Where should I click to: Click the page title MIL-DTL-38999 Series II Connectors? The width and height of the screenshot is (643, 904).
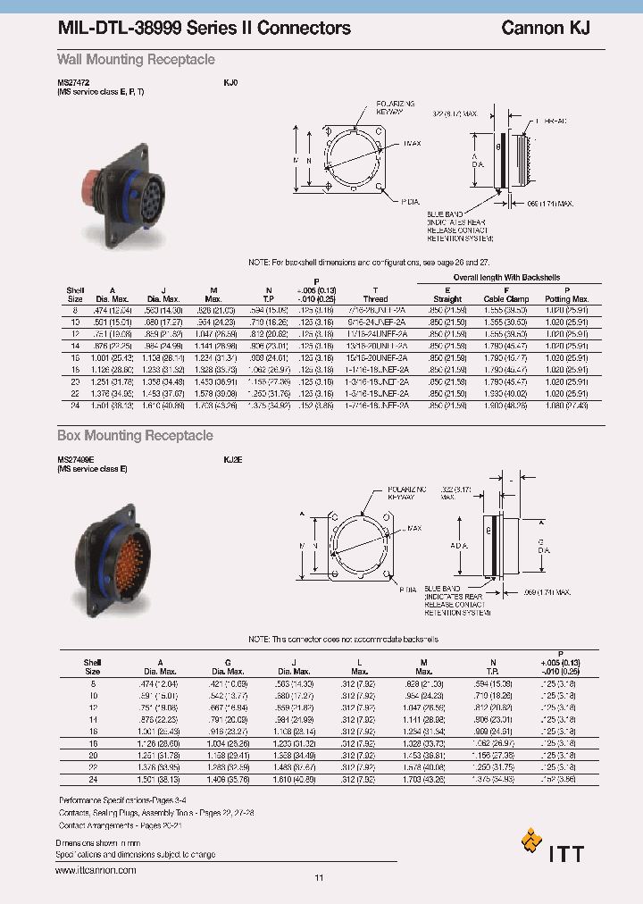pyautogui.click(x=204, y=29)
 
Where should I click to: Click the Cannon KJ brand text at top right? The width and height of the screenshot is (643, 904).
pyautogui.click(x=545, y=29)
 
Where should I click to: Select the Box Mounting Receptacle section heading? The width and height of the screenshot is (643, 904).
pyautogui.click(x=135, y=436)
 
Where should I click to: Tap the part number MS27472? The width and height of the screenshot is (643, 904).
pyautogui.click(x=75, y=82)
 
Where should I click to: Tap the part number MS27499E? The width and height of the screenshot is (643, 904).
pyautogui.click(x=77, y=459)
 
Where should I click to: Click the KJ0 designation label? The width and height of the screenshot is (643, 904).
pyautogui.click(x=230, y=82)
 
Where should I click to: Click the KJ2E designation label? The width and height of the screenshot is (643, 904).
pyautogui.click(x=232, y=459)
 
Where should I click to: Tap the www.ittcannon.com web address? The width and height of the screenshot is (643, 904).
pyautogui.click(x=96, y=869)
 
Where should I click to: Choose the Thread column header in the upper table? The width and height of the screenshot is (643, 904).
pyautogui.click(x=375, y=298)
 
